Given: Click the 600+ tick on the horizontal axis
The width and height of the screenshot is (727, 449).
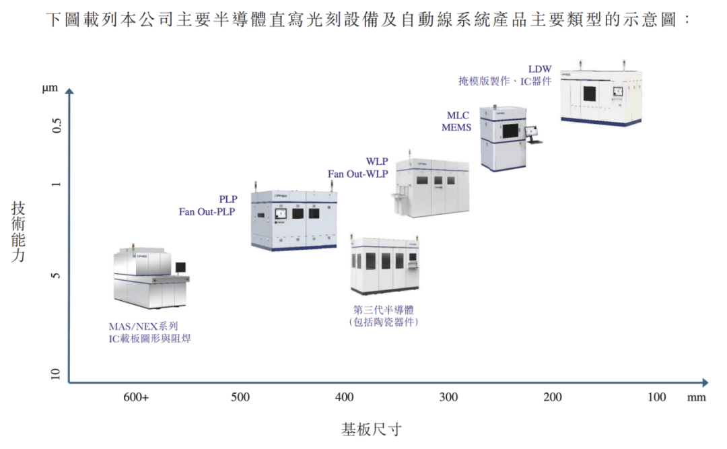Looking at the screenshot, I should tap(136, 397).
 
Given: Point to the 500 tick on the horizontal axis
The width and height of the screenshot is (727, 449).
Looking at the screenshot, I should tap(240, 397).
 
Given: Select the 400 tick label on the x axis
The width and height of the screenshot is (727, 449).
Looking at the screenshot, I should tap(345, 397).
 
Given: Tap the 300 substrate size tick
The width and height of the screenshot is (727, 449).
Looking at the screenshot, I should tap(448, 397).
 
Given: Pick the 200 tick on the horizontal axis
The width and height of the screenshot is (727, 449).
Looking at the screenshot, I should tap(553, 397).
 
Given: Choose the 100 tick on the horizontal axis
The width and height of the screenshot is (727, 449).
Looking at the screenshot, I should tap(657, 397).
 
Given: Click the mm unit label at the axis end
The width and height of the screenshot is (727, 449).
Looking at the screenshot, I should tap(697, 398).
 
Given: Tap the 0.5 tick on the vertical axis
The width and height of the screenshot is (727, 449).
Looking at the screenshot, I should tap(57, 125).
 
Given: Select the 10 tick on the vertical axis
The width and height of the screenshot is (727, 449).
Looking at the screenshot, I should tap(56, 374).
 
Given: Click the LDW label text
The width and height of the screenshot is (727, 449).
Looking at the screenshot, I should tap(540, 69).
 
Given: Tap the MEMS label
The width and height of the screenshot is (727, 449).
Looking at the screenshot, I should tap(456, 127).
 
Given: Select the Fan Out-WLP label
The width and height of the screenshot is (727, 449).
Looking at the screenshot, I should tap(358, 174).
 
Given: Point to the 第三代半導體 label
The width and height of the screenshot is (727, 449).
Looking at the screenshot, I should tap(383, 310).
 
